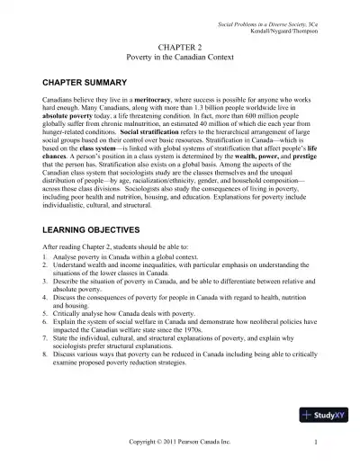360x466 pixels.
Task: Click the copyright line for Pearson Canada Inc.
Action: (180, 443)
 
